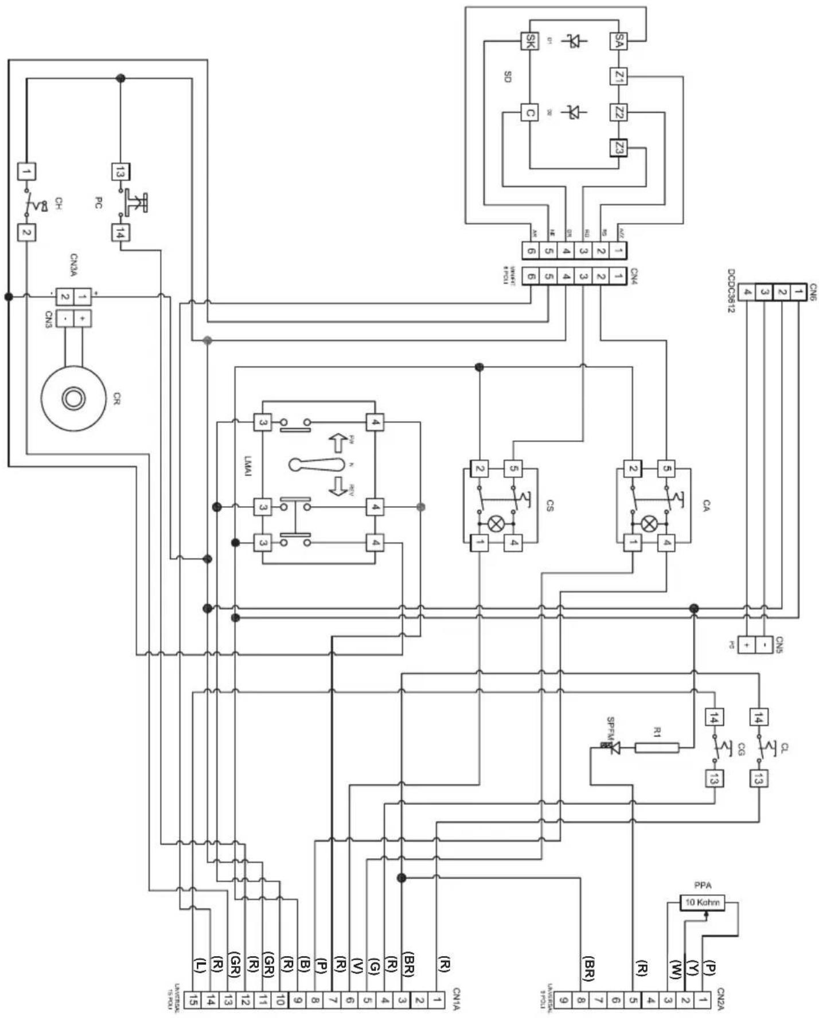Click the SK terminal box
(529, 41)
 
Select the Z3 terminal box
(618, 148)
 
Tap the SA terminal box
(618, 41)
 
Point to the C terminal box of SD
(529, 112)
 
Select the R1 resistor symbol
(657, 747)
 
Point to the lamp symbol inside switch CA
(649, 523)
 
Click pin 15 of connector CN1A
(194, 1000)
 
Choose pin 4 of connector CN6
(747, 292)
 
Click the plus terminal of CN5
(746, 644)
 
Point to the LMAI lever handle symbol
(315, 464)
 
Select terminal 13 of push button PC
(120, 171)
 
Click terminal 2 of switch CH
(26, 233)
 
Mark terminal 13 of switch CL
(758, 779)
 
